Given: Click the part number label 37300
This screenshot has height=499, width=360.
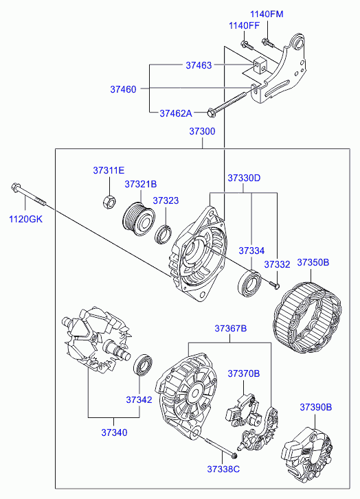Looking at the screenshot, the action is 202,131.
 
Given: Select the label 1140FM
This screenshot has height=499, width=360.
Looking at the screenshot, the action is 267,14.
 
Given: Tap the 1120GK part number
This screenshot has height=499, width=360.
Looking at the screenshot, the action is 25,219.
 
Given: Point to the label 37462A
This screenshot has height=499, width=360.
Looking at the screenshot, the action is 176,113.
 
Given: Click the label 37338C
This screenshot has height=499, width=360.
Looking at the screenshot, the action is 223,469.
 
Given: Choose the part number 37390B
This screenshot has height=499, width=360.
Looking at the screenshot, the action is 316,407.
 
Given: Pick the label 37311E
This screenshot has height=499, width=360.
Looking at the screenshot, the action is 109,170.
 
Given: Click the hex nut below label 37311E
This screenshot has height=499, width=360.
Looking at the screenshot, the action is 109,202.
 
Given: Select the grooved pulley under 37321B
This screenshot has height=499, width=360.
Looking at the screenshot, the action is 139,219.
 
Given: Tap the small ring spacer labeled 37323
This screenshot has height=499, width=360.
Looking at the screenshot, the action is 164,235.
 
